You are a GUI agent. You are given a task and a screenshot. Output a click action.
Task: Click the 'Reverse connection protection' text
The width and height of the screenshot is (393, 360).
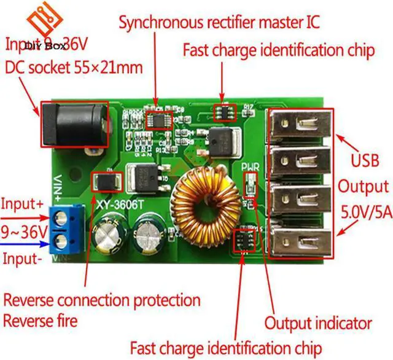(x=102, y=300)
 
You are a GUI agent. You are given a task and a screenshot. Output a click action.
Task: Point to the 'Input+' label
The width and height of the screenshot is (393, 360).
(x=21, y=204)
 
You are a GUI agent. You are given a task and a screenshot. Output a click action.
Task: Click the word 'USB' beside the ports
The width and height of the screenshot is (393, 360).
(x=364, y=163)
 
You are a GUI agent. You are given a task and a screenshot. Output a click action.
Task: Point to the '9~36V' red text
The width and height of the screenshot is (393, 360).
(x=24, y=232)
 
